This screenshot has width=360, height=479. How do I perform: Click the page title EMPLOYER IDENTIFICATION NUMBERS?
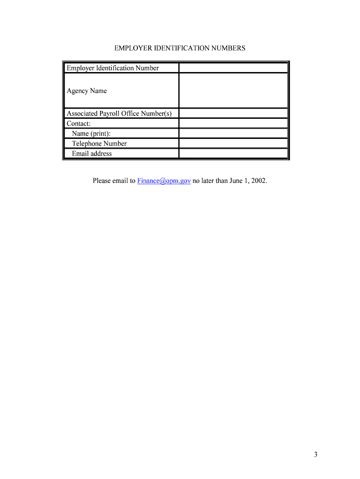180,48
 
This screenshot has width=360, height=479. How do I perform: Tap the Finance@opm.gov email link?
164,181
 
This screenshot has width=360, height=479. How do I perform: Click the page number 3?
316,454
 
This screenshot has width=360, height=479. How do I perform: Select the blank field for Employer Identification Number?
233,68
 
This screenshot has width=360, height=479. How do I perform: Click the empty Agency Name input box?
233,90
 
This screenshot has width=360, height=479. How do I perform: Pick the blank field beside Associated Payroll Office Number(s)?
233,113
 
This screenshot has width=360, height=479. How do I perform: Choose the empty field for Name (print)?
233,133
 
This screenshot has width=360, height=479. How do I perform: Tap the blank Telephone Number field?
233,143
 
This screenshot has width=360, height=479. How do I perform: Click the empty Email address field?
233,153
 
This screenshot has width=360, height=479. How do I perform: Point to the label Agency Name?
86,91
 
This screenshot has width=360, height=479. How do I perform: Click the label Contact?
79,123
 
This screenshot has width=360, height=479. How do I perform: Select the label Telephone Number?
99,144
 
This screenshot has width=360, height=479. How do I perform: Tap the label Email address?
92,153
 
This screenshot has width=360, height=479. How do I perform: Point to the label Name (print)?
91,134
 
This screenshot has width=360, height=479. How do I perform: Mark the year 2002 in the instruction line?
259,181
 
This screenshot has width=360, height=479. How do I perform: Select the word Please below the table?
102,181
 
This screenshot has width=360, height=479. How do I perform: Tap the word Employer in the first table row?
80,68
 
